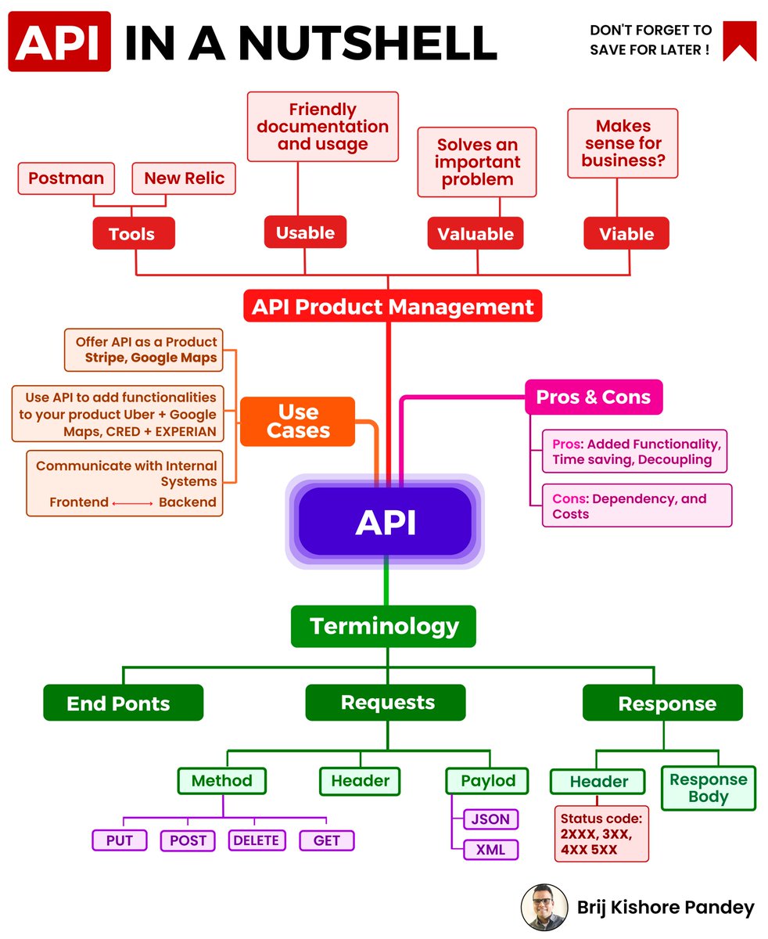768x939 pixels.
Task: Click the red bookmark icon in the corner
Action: click(x=739, y=41)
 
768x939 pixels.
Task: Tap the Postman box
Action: click(x=66, y=178)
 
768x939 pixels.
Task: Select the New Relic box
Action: click(x=184, y=178)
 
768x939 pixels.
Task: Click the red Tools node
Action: click(x=133, y=233)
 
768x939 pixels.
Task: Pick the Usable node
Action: click(x=305, y=232)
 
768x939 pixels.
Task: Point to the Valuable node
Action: click(x=476, y=233)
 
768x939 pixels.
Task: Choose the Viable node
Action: click(x=626, y=233)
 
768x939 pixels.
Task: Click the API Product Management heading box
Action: click(x=392, y=306)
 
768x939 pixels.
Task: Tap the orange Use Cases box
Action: click(x=297, y=421)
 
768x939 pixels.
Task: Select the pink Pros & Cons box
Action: click(x=594, y=397)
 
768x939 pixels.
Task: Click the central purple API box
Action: click(x=385, y=521)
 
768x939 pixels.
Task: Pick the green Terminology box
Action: click(x=383, y=626)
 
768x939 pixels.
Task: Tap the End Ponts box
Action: click(x=123, y=703)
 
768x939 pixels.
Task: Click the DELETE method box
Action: click(x=256, y=840)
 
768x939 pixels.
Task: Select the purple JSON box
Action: click(x=490, y=819)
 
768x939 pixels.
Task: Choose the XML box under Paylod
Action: click(x=490, y=849)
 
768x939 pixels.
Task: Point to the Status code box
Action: click(x=601, y=833)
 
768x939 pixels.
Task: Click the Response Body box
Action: click(x=709, y=788)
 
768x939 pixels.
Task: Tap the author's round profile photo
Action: click(x=544, y=908)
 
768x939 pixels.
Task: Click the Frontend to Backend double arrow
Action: click(x=133, y=503)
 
